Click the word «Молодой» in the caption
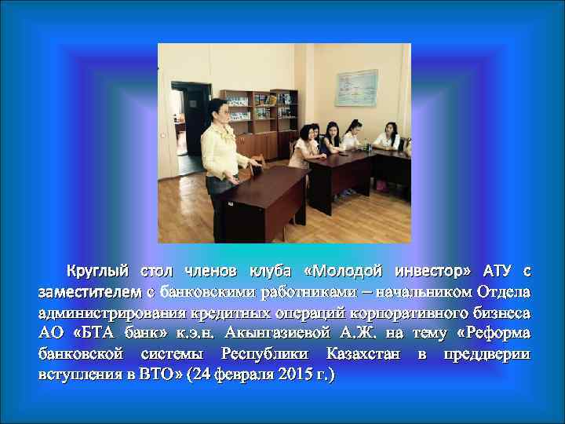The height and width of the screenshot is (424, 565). pos(341,272)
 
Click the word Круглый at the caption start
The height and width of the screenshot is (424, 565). pos(97,272)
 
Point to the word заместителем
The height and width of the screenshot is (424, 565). pos(89,292)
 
